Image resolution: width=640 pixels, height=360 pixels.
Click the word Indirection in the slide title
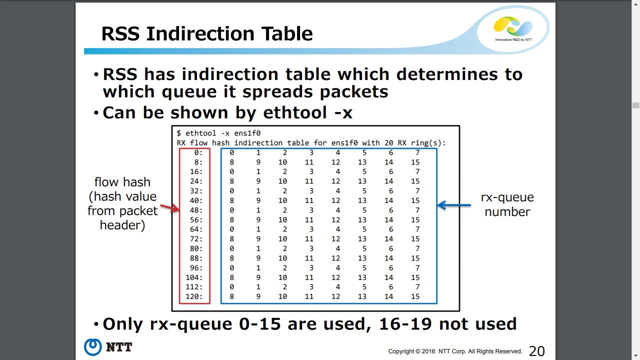point(201,33)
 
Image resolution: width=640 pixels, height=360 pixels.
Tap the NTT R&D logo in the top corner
point(513,29)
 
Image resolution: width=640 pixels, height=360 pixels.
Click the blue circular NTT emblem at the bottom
point(92,347)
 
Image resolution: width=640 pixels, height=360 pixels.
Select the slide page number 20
point(537,351)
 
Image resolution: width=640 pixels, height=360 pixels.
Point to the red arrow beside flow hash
point(169,208)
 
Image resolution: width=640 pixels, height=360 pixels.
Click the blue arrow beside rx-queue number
point(454,205)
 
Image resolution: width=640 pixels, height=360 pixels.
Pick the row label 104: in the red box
point(194,277)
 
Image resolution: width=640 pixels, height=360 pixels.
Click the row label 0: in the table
point(198,152)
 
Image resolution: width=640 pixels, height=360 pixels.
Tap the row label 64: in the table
point(196,229)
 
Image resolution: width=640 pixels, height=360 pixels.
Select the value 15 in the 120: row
point(415,296)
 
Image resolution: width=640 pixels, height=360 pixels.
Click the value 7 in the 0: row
point(417,152)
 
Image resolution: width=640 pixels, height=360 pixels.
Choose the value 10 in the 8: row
point(282,162)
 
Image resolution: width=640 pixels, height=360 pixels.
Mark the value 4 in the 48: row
point(337,210)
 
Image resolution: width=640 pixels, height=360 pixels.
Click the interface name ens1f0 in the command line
point(247,133)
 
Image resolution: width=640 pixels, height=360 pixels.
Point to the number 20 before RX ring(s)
point(388,143)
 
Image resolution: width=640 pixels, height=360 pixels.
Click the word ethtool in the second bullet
point(295,112)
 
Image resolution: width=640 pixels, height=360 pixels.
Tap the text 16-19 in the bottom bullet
point(405,324)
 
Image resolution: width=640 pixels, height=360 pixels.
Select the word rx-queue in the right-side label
point(507,197)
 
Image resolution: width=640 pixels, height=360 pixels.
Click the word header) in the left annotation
point(122,225)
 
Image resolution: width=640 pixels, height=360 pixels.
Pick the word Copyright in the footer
point(401,351)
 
